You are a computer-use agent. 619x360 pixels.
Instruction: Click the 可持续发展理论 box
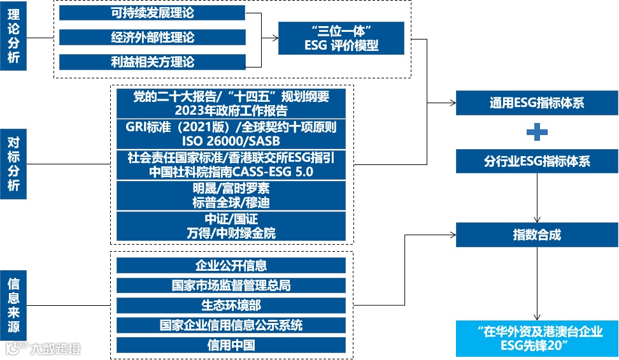click(x=152, y=13)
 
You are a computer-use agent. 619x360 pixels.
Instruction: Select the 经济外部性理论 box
click(x=152, y=38)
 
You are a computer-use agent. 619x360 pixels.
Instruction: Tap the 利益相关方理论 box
click(x=152, y=62)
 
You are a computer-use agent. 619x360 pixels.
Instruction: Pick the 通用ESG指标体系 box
click(x=537, y=103)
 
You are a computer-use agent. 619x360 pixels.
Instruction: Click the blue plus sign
click(x=537, y=132)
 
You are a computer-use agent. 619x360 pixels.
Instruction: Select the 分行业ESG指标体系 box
click(x=537, y=161)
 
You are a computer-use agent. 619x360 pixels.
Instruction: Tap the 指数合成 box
click(x=537, y=234)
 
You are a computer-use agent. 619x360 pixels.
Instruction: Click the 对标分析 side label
click(x=14, y=162)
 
